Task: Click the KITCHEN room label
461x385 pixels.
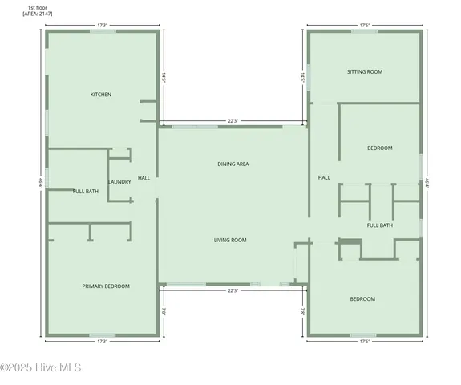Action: point(100,95)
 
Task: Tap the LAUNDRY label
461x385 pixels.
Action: point(119,181)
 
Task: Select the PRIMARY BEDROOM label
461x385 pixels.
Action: point(106,286)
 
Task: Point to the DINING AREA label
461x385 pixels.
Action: point(233,164)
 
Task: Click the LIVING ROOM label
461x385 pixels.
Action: point(230,240)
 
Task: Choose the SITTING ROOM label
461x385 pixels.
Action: point(365,71)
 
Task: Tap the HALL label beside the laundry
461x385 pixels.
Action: point(144,177)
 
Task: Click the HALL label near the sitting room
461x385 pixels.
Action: point(324,177)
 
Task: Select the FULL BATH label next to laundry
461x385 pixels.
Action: point(86,191)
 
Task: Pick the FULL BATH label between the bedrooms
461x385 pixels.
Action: point(380,225)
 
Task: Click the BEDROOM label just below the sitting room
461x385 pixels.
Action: point(380,148)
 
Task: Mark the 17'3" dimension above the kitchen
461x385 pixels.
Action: point(102,26)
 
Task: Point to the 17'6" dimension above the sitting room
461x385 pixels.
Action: point(365,26)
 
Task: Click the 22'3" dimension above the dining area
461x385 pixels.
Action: point(233,121)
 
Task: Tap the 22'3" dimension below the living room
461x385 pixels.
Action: point(233,290)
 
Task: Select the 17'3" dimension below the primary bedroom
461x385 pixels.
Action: point(102,342)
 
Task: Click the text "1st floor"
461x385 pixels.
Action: point(37,6)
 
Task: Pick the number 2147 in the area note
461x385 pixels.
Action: point(45,14)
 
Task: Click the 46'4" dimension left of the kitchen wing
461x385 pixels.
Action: point(38,183)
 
